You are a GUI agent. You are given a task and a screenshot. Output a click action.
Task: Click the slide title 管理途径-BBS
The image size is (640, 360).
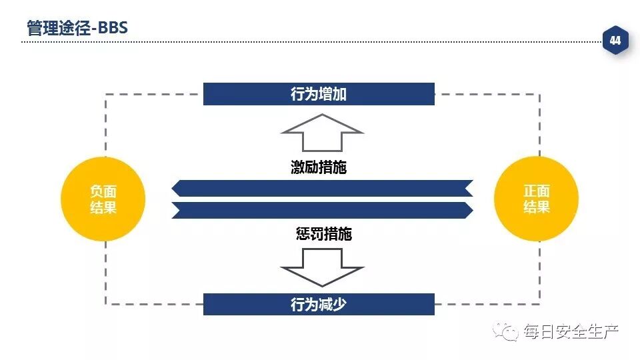coord(77,29)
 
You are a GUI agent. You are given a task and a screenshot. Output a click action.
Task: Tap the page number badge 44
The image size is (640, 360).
coord(615,41)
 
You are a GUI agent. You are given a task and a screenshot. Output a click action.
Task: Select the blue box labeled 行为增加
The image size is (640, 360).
coord(319,94)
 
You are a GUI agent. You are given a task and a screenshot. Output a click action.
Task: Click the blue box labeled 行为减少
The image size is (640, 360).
coord(319,305)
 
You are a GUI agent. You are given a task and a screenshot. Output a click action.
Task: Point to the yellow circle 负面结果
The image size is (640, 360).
coord(103,199)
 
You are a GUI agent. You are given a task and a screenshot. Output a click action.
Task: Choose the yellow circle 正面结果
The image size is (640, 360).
coord(537,199)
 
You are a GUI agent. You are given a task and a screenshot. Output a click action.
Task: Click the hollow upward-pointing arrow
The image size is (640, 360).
coord(322,133)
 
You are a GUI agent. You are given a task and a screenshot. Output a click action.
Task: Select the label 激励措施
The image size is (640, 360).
coord(319,167)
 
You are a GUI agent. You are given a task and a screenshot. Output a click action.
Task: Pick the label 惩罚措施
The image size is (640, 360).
coord(323,234)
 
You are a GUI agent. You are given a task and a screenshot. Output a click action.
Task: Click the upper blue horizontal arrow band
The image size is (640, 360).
coord(322,189)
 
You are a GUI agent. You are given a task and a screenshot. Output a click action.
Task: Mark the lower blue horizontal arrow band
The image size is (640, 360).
coord(322,210)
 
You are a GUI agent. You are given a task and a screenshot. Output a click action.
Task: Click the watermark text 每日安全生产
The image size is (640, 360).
coord(571,331)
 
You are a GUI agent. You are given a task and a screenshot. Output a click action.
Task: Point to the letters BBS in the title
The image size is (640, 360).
coord(113,29)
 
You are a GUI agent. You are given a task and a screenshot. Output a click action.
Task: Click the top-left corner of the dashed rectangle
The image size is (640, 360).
coord(105,95)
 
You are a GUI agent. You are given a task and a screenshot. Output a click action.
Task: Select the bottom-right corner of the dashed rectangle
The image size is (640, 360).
coord(539,304)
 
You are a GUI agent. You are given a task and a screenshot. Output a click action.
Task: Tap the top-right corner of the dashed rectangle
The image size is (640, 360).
coord(539,95)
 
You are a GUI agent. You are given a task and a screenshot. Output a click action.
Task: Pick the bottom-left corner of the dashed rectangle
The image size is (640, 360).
coord(105,304)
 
